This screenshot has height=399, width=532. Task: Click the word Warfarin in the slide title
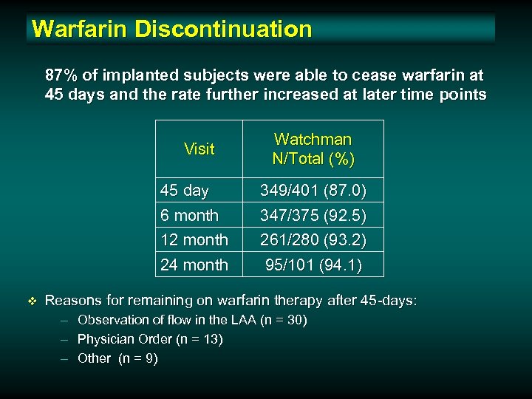81,29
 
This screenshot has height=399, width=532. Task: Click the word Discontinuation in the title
223,29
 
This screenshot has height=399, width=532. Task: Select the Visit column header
199,149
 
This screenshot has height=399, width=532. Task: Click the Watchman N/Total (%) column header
313,149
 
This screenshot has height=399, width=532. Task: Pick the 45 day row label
185,191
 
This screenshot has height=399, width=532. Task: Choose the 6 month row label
189,216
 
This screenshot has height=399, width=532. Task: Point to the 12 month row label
194,240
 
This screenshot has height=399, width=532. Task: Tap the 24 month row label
194,265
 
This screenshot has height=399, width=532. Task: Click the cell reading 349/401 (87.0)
313,191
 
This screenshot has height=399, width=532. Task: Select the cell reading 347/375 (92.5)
313,216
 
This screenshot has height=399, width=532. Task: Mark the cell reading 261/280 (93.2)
313,240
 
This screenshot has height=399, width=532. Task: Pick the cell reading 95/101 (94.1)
313,265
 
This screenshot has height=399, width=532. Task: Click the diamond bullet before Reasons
31,301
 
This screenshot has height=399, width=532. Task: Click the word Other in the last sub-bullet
94,358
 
